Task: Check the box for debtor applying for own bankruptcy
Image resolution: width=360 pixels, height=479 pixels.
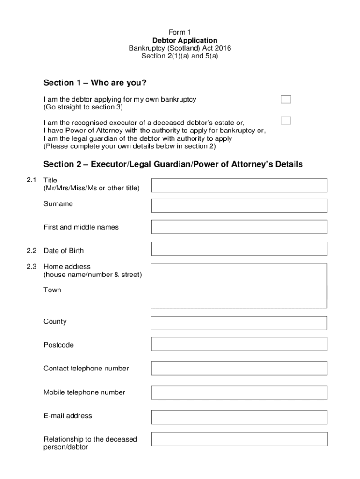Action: pos(286,99)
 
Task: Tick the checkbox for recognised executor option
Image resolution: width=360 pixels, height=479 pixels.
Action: pos(286,121)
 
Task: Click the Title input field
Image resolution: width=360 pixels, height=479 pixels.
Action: pos(239,185)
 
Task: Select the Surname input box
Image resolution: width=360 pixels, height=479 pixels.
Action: pos(239,206)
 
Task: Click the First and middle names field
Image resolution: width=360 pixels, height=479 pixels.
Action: pos(239,227)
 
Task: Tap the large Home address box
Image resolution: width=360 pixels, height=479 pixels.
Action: pos(239,285)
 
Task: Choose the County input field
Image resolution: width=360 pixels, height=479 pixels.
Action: pos(239,323)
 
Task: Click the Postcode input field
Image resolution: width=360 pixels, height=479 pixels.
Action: pos(239,344)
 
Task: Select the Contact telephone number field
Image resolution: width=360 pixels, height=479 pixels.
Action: pos(239,368)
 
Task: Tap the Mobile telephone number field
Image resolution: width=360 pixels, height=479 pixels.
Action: pos(239,392)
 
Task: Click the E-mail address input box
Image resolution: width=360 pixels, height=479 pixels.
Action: pos(239,417)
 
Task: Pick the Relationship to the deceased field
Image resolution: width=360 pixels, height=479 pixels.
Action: pos(239,439)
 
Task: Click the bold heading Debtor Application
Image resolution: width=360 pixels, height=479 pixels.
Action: pos(180,41)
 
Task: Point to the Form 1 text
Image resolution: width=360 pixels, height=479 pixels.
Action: pos(180,32)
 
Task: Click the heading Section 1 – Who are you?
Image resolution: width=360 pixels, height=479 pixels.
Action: pos(95,83)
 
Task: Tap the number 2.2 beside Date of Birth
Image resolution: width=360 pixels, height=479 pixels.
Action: pos(32,251)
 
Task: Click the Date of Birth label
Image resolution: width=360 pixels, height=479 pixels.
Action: pos(64,251)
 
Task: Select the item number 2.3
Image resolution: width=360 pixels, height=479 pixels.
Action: pos(32,267)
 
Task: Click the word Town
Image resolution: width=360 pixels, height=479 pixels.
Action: pos(52,290)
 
